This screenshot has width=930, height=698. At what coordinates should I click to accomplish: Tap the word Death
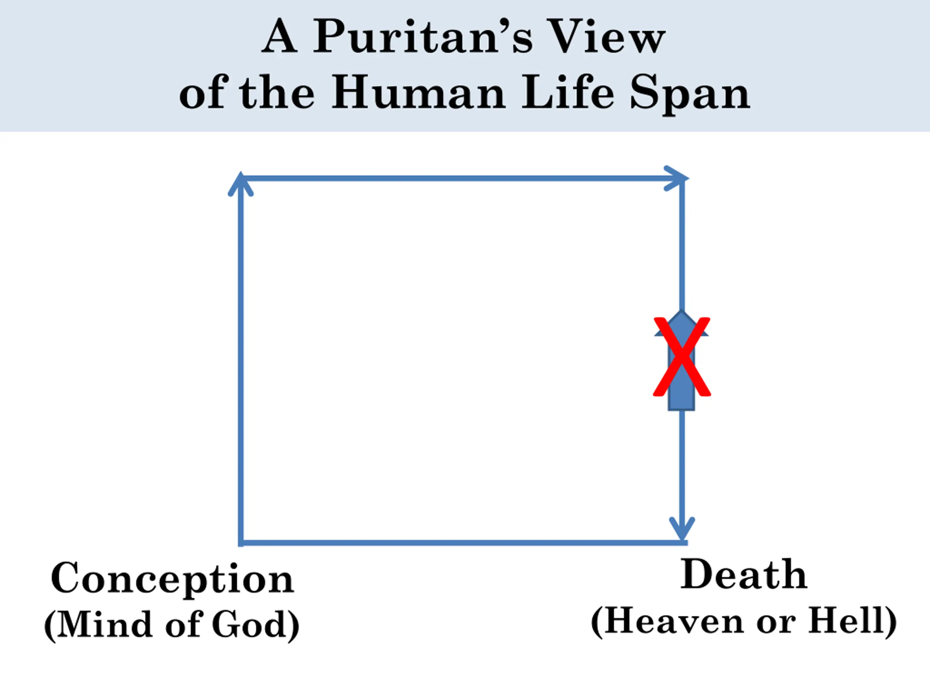click(x=743, y=575)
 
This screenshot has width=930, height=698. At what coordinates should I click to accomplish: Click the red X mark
click(x=682, y=357)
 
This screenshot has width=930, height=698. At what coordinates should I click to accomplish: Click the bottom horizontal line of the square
click(x=462, y=543)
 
